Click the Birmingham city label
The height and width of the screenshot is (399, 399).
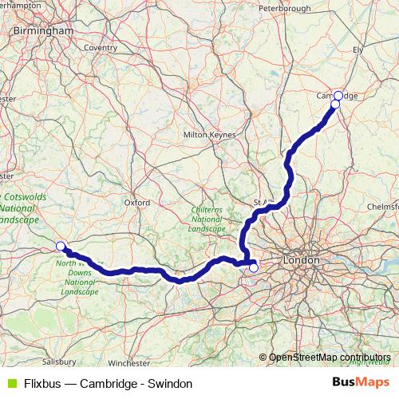point(43,31)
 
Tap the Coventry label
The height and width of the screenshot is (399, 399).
point(101,48)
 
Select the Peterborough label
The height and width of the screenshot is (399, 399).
point(284,9)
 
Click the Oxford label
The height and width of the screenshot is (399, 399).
point(136,203)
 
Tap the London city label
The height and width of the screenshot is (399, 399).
point(301,260)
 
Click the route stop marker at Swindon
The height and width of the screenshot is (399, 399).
point(60,246)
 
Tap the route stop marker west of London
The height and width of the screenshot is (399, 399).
point(254,267)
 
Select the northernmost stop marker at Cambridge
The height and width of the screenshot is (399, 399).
point(338,94)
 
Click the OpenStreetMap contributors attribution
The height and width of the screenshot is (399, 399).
point(330,358)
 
